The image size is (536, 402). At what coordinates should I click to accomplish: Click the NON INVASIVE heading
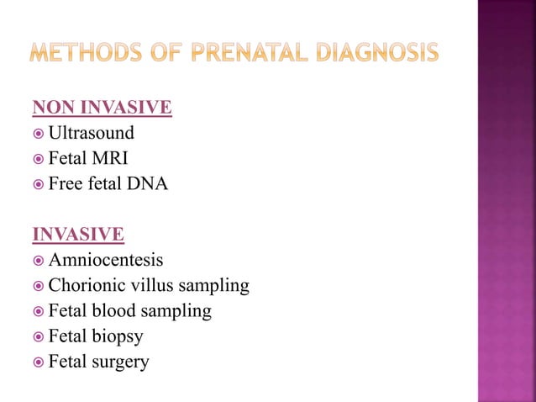(x=102, y=108)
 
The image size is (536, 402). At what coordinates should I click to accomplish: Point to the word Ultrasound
(x=91, y=133)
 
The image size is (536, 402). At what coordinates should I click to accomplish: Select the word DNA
(x=149, y=183)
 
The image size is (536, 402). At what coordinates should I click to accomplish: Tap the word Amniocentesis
(x=106, y=260)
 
